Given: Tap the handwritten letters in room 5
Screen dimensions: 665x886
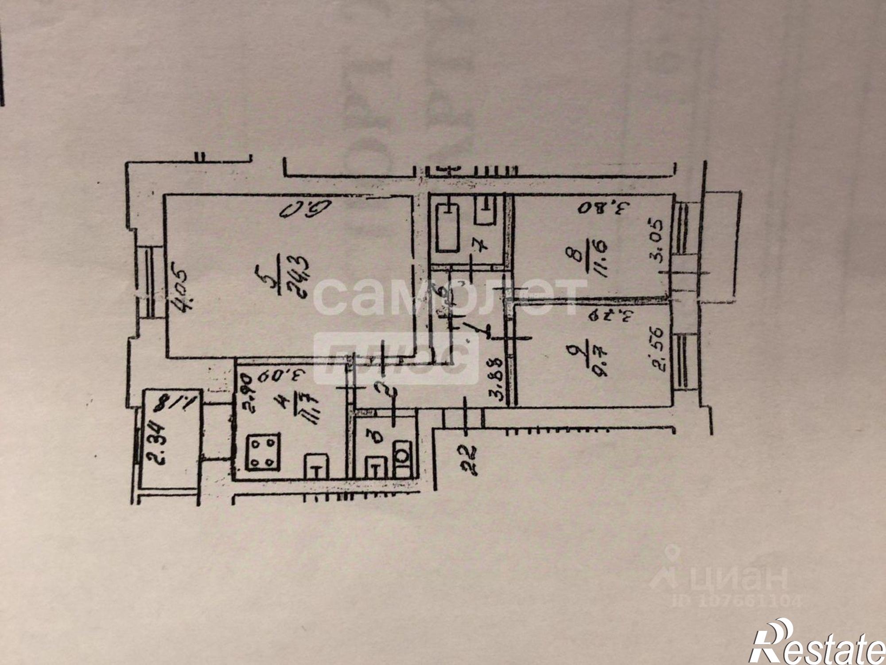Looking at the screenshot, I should point(306,210).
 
